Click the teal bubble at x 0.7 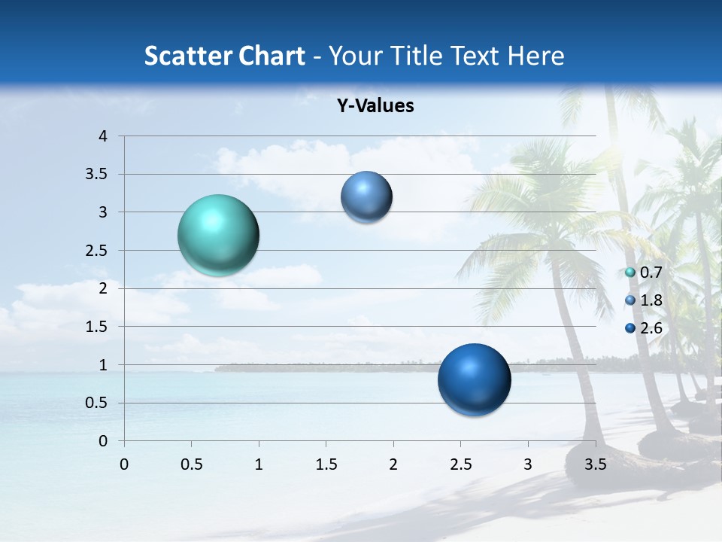pos(218,235)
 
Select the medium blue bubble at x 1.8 pos(366,197)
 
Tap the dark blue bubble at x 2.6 pos(474,379)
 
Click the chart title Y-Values pos(375,106)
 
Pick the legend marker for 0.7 pos(630,273)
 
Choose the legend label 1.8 pos(651,300)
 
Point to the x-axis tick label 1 pos(259,464)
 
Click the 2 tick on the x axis pos(393,464)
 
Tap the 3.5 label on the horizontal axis pos(595,464)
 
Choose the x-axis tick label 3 pos(528,464)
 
